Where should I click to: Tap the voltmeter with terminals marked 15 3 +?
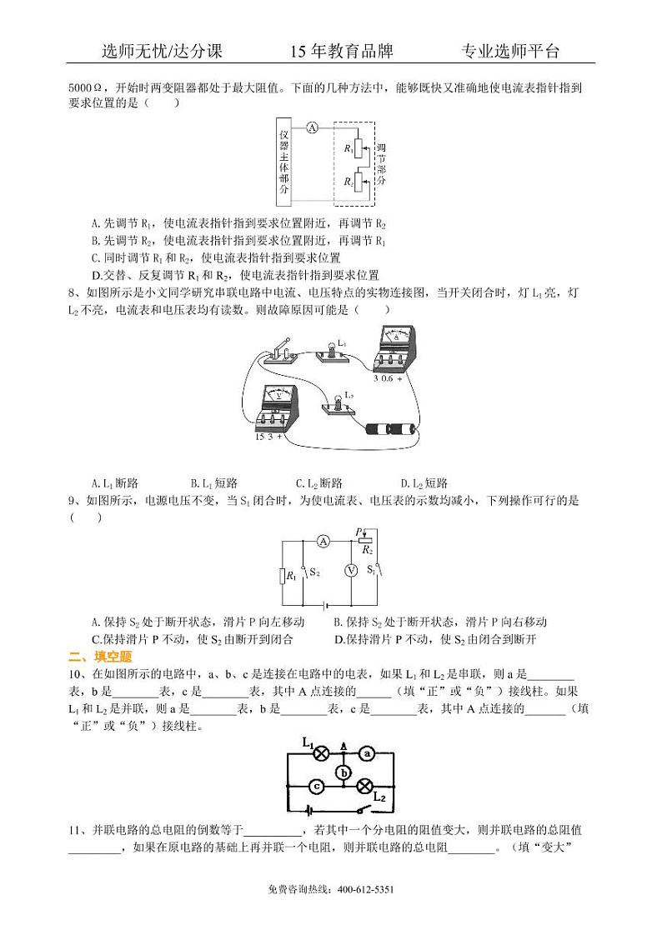click(x=274, y=409)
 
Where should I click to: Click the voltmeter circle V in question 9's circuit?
click(x=350, y=570)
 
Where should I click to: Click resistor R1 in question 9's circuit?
click(x=283, y=576)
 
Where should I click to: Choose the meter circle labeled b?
click(x=343, y=772)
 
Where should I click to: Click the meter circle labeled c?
click(x=316, y=786)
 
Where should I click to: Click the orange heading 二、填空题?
click(x=95, y=656)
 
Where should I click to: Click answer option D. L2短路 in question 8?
click(x=424, y=482)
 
